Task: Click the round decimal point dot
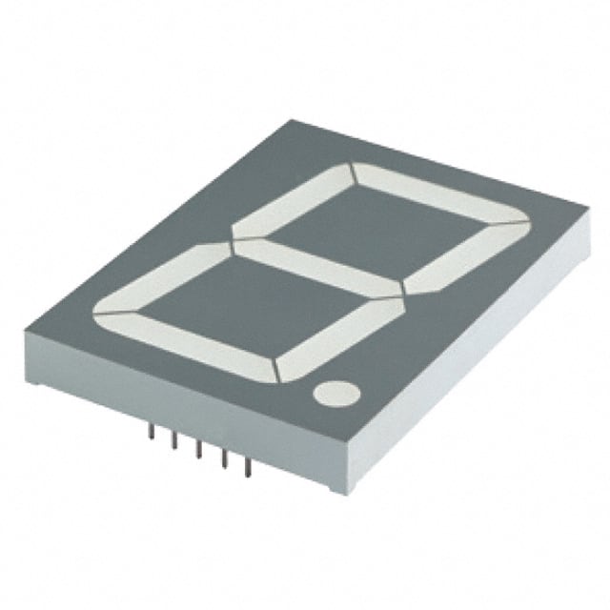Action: pyautogui.click(x=335, y=392)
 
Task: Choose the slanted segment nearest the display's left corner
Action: pyautogui.click(x=162, y=275)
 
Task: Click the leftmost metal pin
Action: pyautogui.click(x=151, y=432)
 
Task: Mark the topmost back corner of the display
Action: pyautogui.click(x=290, y=120)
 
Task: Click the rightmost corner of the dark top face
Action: pyautogui.click(x=583, y=207)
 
